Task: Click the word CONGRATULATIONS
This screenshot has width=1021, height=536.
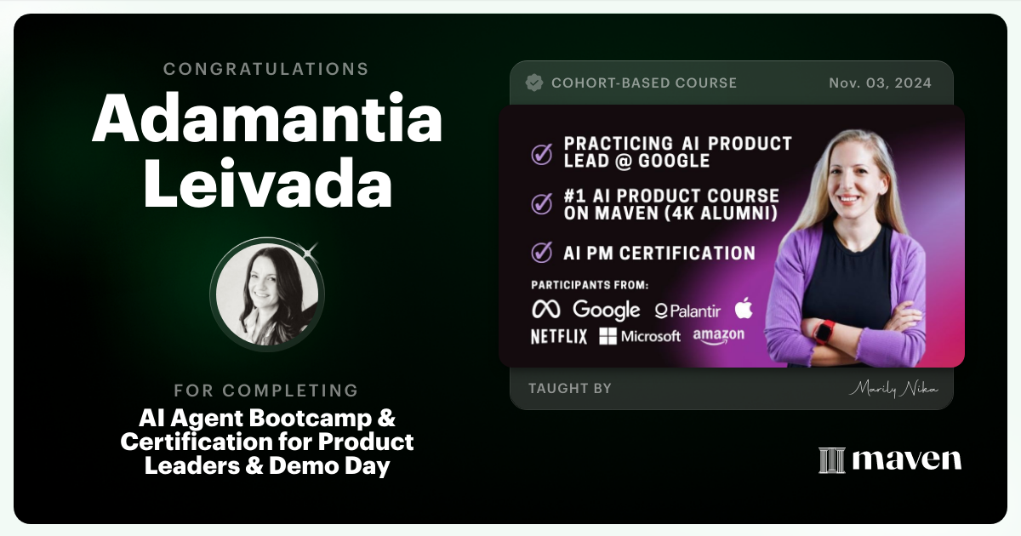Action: pyautogui.click(x=266, y=69)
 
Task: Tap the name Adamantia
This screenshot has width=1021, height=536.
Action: pyautogui.click(x=266, y=120)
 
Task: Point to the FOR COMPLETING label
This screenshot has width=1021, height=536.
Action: pyautogui.click(x=266, y=391)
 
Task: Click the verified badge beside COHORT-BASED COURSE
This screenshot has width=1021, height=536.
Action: pyautogui.click(x=534, y=83)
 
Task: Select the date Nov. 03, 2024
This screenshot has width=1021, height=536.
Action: pyautogui.click(x=880, y=83)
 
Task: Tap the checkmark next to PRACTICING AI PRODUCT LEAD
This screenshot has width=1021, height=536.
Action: pyautogui.click(x=541, y=153)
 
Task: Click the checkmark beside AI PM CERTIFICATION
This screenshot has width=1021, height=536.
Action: pyautogui.click(x=541, y=253)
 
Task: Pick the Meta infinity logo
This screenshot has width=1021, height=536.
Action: pyautogui.click(x=545, y=310)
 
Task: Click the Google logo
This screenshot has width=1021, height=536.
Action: pyautogui.click(x=606, y=310)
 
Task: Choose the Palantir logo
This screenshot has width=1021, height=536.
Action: pyautogui.click(x=687, y=311)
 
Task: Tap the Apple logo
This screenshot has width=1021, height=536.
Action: pyautogui.click(x=744, y=308)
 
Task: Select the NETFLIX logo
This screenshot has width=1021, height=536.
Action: pyautogui.click(x=559, y=336)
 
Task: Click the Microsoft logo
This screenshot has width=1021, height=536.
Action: pyautogui.click(x=640, y=336)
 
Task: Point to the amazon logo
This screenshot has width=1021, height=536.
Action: pyautogui.click(x=718, y=336)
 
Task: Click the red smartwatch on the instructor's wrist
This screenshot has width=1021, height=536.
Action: pyautogui.click(x=824, y=331)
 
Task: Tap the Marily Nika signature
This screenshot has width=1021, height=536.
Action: pyautogui.click(x=893, y=389)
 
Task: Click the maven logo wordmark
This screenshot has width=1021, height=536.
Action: pyautogui.click(x=890, y=459)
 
